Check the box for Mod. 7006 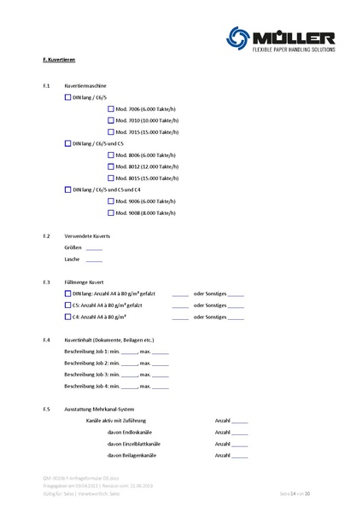coord(110,109)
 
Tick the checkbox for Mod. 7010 coord(110,120)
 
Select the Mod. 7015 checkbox coord(110,131)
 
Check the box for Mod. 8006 coord(110,155)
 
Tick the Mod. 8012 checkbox coord(110,166)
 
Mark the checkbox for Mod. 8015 coord(110,177)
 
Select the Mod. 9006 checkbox coord(110,201)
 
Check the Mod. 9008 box coord(110,212)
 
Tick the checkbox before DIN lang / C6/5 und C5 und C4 coord(68,189)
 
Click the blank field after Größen coord(94,247)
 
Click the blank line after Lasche coord(94,259)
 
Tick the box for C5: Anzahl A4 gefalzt coord(68,305)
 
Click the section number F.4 coord(46,340)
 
